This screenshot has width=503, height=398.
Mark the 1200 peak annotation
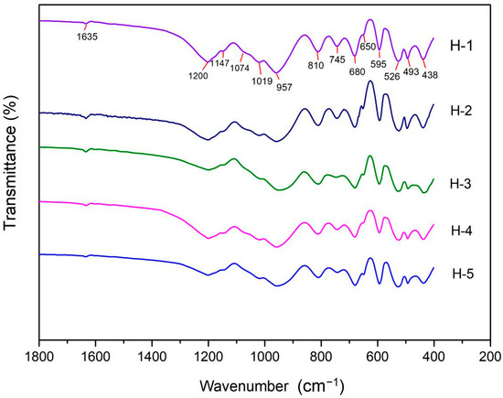[x=198, y=75]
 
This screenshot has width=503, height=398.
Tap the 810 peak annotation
[x=316, y=65]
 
